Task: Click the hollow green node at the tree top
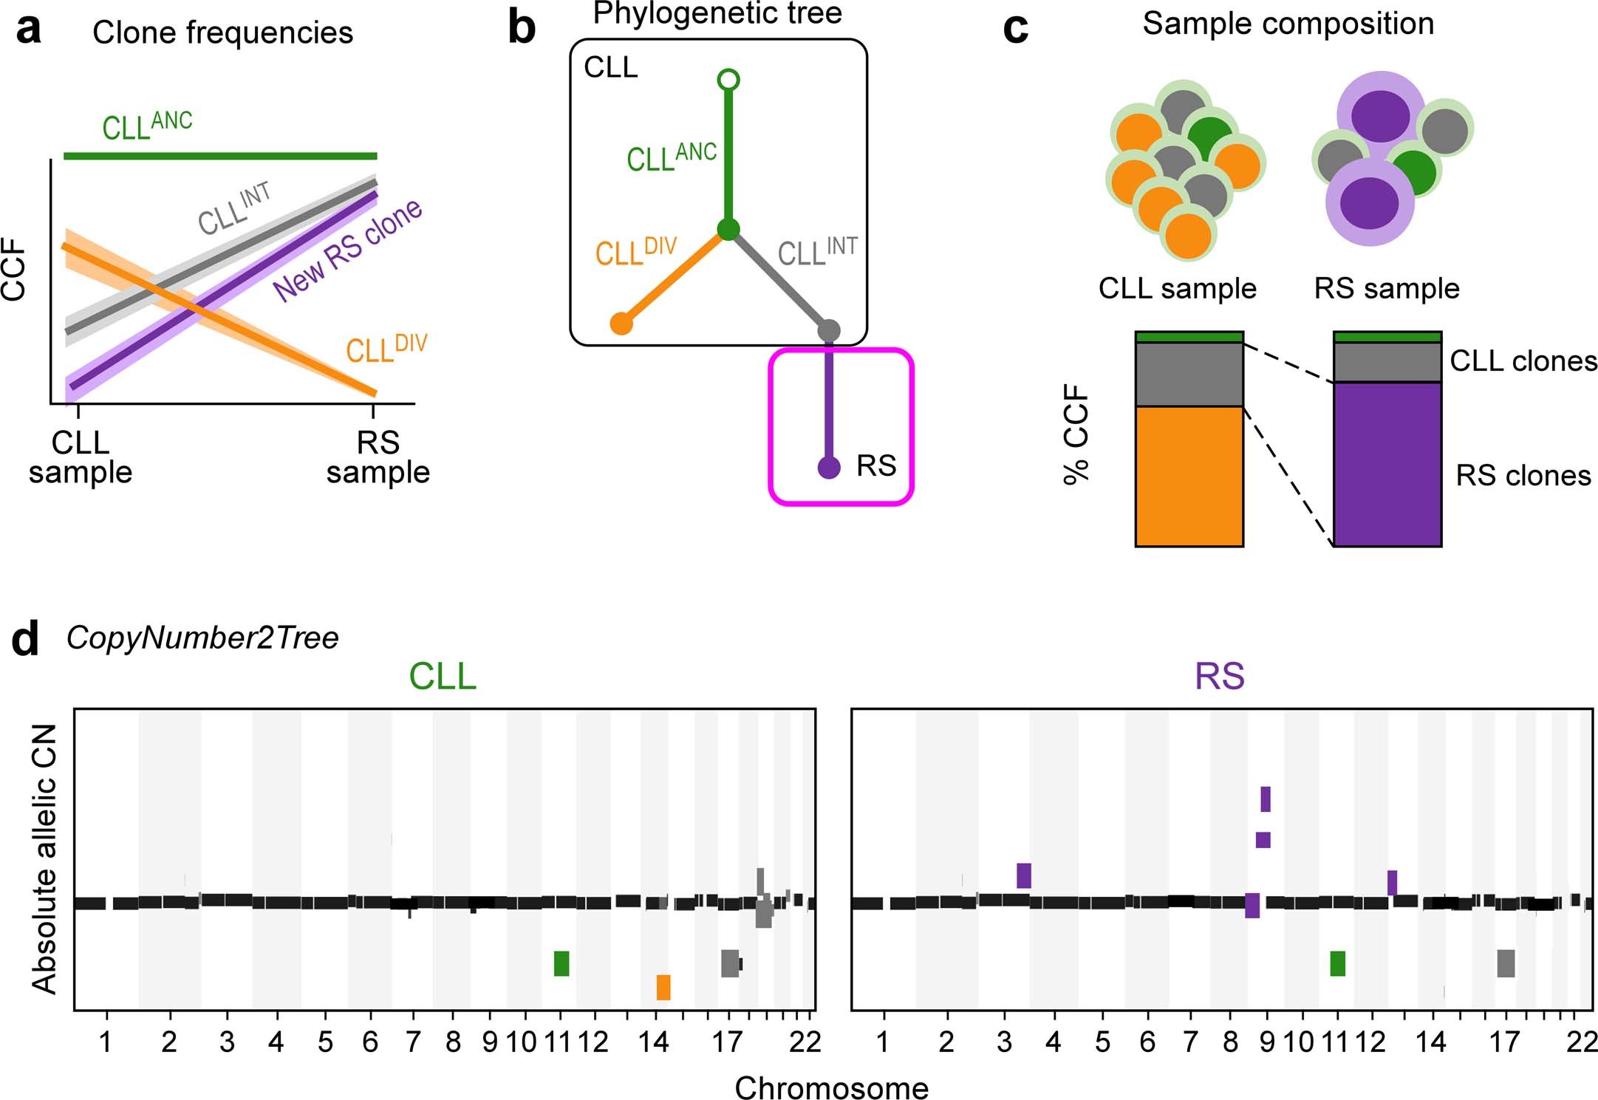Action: click(x=728, y=80)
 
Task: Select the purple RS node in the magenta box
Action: click(x=829, y=468)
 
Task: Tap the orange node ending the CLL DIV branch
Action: click(x=621, y=324)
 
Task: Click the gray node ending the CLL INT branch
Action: click(x=829, y=330)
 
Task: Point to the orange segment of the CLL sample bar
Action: click(x=1189, y=476)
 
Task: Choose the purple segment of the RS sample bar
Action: click(x=1387, y=464)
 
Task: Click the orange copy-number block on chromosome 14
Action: click(x=663, y=987)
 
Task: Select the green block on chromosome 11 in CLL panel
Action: click(x=561, y=963)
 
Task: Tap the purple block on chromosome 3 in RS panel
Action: click(x=1023, y=875)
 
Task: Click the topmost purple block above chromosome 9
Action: click(x=1265, y=799)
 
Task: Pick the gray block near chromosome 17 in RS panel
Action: click(x=1506, y=963)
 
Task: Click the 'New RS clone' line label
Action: click(x=347, y=250)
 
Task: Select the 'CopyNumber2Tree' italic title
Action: click(x=202, y=638)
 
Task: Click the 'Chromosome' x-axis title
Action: click(x=831, y=1087)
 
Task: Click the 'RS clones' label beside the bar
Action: click(x=1523, y=476)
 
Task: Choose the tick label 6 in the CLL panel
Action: click(x=369, y=1042)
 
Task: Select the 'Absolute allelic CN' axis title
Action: click(x=44, y=858)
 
